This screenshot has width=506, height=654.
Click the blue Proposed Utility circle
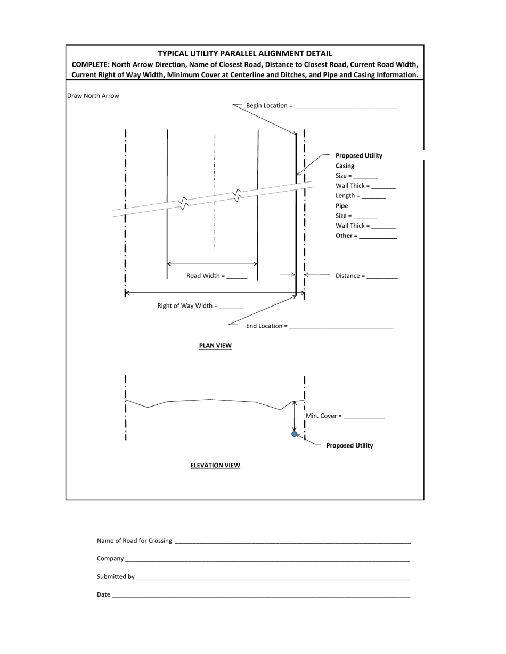point(295,434)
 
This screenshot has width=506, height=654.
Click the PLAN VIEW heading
point(215,346)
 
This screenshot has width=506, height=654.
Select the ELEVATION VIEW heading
point(215,466)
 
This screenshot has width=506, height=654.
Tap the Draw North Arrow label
point(93,96)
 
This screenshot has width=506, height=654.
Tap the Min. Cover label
point(323,416)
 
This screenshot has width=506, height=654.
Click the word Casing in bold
point(345,166)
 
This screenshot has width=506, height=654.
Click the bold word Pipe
point(341,206)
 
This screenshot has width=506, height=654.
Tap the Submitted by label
point(116,577)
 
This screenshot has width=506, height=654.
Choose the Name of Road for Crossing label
point(134,541)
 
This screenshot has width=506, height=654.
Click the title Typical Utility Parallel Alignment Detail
point(245,54)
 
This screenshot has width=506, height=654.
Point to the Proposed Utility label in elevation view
point(349,446)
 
